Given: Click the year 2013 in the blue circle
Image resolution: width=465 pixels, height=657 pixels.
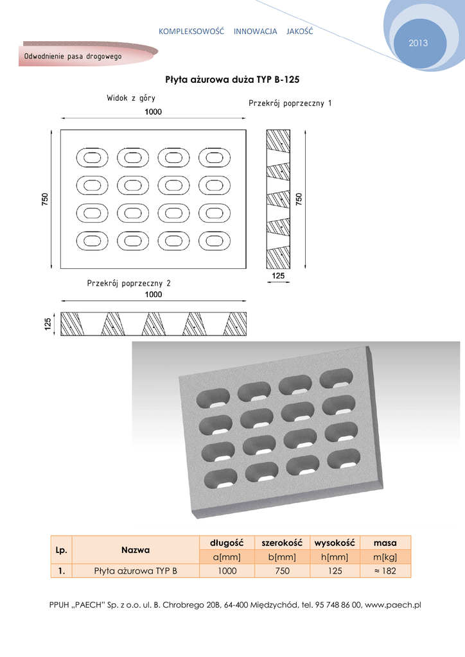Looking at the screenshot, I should (x=417, y=43).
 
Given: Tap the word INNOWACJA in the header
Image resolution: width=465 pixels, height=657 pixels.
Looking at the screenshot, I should (x=255, y=31).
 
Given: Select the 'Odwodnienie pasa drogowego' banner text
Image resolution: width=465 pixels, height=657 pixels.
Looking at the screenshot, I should (x=73, y=56).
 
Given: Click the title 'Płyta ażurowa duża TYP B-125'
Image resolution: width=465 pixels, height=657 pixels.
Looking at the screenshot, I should (x=232, y=80).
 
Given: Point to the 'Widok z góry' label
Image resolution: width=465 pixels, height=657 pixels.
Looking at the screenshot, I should (x=131, y=98).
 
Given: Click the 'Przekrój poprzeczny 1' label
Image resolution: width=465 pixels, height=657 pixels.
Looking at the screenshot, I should (x=290, y=103).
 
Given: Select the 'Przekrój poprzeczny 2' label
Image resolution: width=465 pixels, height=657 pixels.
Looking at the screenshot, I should (x=129, y=282).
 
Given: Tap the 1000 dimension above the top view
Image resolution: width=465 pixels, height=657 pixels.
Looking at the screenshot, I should (x=153, y=112).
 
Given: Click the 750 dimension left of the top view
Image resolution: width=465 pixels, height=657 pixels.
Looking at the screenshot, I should (x=45, y=200).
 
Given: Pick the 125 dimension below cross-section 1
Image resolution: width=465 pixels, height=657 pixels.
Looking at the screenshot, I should (x=278, y=276).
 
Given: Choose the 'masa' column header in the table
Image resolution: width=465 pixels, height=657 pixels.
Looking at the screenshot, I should (x=385, y=543).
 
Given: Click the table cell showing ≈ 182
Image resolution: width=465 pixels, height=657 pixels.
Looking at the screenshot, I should (x=385, y=570).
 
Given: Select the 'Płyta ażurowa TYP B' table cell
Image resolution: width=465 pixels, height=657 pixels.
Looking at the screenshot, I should (x=136, y=570).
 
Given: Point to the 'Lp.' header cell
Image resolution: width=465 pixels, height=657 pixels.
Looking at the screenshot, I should (x=62, y=550).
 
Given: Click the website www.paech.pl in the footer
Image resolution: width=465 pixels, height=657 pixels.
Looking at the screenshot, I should (x=392, y=605).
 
